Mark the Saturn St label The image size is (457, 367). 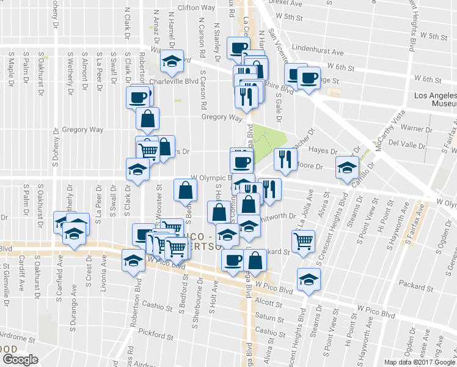[x=266, y=316]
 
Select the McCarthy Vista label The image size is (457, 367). [x=392, y=127]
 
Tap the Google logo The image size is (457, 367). [x=20, y=359]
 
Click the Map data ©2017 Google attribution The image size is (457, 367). [x=419, y=361]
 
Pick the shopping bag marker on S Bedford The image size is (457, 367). [x=185, y=190]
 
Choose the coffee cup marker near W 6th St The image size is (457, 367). [x=309, y=78]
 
